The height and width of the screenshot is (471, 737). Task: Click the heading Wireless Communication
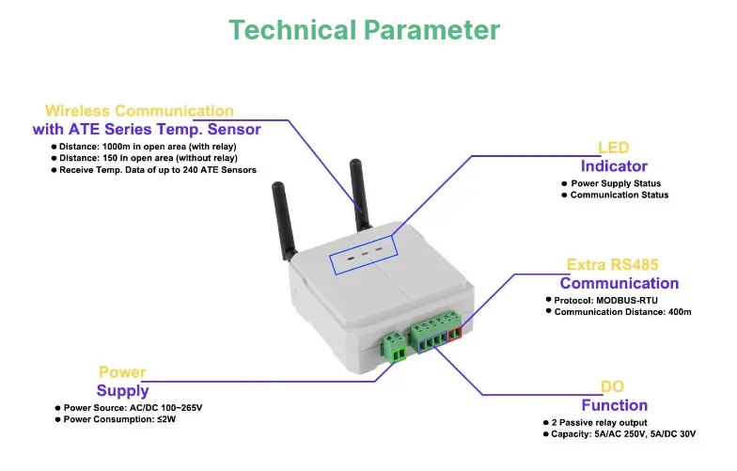click(139, 111)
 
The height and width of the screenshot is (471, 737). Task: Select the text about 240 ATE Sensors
click(156, 170)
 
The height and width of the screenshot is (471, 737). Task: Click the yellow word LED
click(613, 148)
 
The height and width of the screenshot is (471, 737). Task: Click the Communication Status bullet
click(619, 195)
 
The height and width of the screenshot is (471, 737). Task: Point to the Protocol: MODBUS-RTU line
click(606, 300)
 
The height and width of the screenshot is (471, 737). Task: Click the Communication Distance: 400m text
click(622, 311)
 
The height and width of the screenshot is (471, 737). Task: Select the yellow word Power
click(123, 371)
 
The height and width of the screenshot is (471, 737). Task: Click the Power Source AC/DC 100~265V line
click(133, 408)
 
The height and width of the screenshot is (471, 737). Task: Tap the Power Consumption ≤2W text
click(119, 419)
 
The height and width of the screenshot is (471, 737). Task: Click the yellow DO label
click(613, 386)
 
